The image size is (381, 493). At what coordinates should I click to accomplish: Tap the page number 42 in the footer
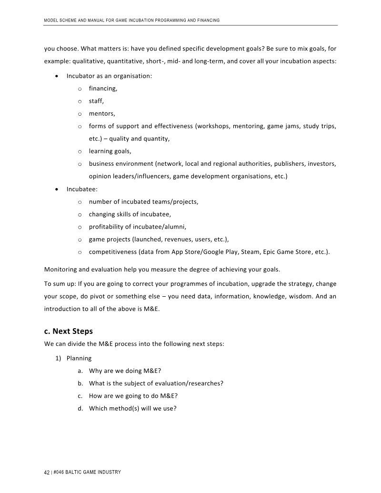coord(47,472)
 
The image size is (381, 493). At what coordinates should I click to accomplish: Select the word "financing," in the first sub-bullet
coord(103,89)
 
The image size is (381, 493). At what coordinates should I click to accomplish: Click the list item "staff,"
coord(96,101)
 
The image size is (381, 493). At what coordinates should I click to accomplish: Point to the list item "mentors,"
coord(102,113)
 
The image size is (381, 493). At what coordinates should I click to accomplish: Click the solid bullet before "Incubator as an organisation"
coord(57,76)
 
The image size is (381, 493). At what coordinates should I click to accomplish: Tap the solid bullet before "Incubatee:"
coord(57,189)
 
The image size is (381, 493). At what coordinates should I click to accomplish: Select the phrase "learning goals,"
coord(110,151)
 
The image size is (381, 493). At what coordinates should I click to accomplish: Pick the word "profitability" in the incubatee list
coord(108,227)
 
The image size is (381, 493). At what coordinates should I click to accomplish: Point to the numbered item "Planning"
coord(79,358)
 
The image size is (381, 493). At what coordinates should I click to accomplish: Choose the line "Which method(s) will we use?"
coord(133,408)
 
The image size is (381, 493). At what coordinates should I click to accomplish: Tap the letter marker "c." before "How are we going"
coord(80,395)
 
